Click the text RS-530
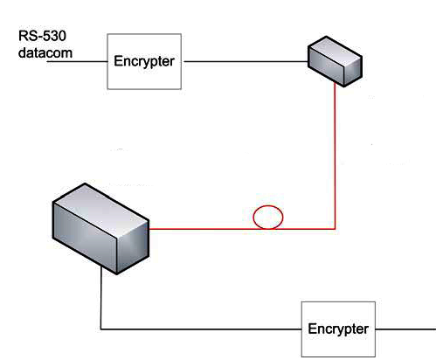(x=42, y=36)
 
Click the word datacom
(x=45, y=53)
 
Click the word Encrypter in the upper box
(x=144, y=61)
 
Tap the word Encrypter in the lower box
(x=338, y=329)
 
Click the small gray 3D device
(x=335, y=61)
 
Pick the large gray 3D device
(x=100, y=229)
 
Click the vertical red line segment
(x=335, y=156)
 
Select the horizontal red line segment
(x=242, y=229)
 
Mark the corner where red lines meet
(x=335, y=229)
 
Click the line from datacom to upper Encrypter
(x=77, y=61)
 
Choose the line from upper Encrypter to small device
(x=246, y=61)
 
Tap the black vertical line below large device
(x=101, y=298)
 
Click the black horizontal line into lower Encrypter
(x=201, y=329)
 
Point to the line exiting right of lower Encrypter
(x=405, y=329)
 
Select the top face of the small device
(x=335, y=52)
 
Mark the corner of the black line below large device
(x=101, y=329)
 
